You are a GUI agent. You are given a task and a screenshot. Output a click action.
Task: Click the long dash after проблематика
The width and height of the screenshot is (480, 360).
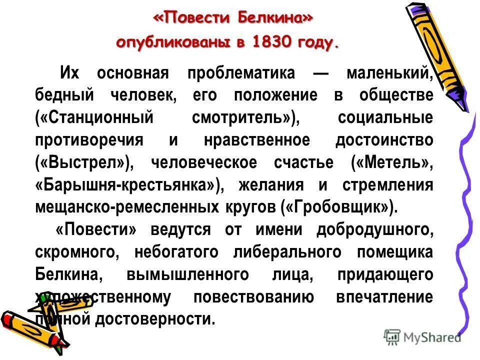[320, 73]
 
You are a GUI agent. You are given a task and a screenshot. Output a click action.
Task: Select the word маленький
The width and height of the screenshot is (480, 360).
[389, 73]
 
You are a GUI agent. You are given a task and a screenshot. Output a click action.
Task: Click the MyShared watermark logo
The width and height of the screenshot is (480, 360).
[422, 337]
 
